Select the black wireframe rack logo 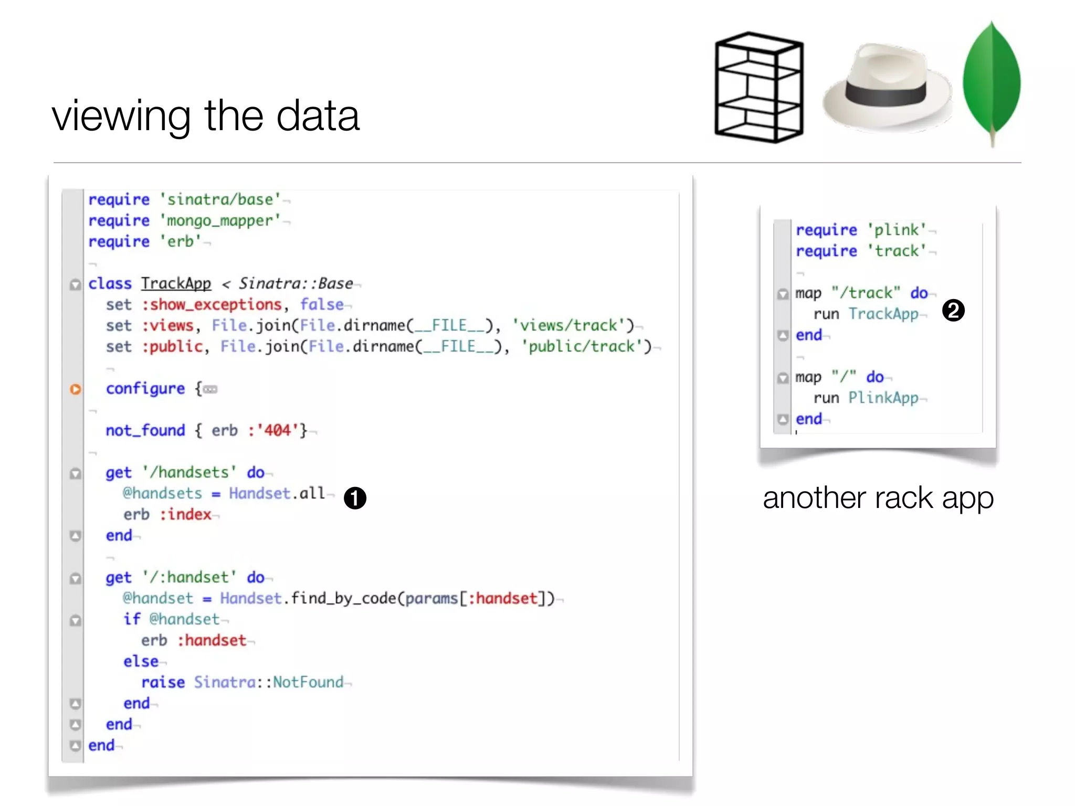[x=759, y=87]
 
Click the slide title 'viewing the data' [x=206, y=115]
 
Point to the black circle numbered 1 [x=355, y=498]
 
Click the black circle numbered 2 [x=953, y=310]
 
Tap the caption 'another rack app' [x=878, y=497]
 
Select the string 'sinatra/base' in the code [x=220, y=199]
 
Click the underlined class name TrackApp [x=176, y=283]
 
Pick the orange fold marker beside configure [x=76, y=389]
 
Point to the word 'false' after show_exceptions [x=322, y=304]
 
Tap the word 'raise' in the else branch [x=163, y=682]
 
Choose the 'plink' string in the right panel [x=896, y=230]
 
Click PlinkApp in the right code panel [x=883, y=398]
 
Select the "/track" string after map [x=866, y=293]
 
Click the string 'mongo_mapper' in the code [x=220, y=220]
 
